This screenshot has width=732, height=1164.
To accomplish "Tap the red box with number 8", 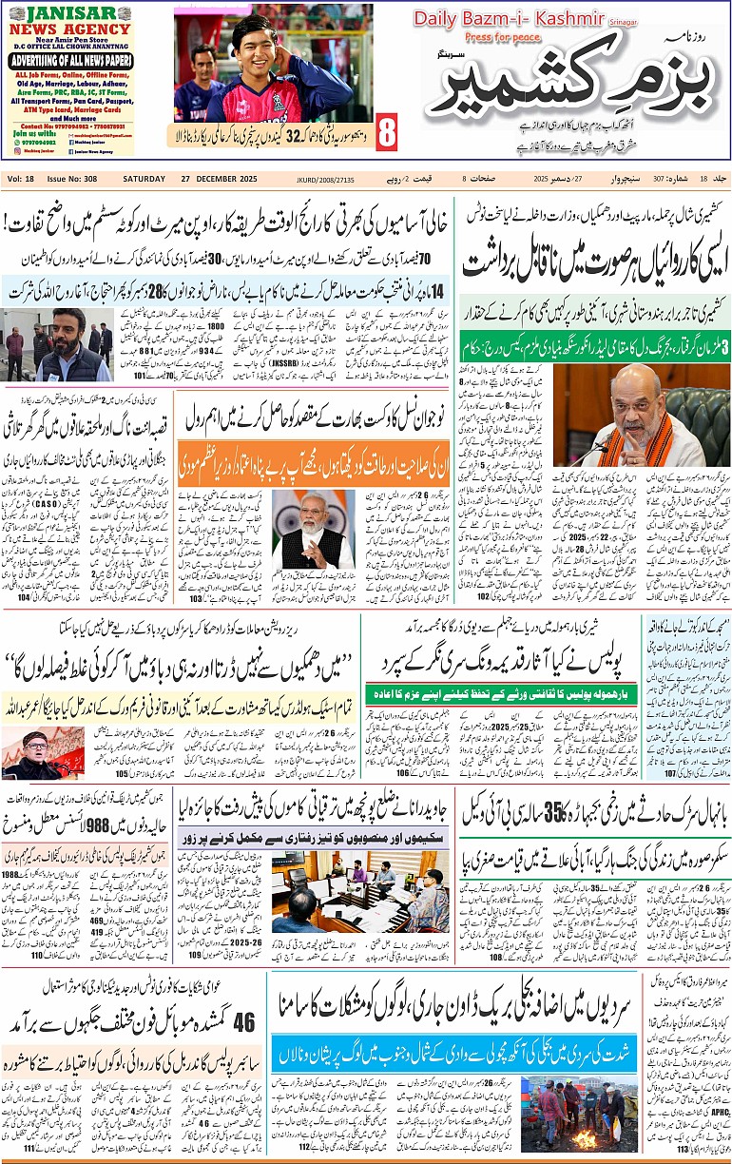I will (386, 133).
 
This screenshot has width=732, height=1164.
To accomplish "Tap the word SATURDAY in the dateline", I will (144, 179).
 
